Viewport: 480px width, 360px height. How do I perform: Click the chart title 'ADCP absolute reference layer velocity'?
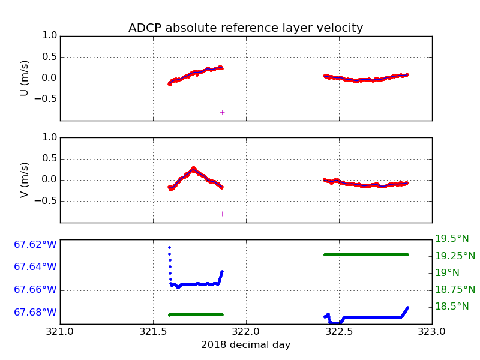click(x=245, y=28)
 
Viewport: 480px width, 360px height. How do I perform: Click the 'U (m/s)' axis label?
click(x=25, y=78)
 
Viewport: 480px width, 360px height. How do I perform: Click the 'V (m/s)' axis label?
click(x=25, y=180)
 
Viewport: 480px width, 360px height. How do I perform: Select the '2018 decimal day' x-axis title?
click(x=245, y=345)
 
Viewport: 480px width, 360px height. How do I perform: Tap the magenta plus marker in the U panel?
click(x=222, y=112)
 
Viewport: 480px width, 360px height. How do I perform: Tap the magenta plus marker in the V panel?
click(x=222, y=214)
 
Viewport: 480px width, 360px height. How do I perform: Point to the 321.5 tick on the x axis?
click(x=153, y=331)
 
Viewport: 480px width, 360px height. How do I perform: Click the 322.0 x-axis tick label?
click(x=246, y=331)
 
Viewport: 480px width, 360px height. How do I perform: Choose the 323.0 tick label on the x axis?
click(x=431, y=331)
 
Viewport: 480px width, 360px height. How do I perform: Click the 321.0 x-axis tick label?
click(x=60, y=331)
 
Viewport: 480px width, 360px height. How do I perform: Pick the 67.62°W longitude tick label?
click(x=35, y=245)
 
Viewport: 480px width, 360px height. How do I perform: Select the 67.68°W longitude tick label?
click(x=35, y=313)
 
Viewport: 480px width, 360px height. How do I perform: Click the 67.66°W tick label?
click(x=35, y=290)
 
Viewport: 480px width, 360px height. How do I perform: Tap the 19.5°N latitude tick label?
click(x=452, y=239)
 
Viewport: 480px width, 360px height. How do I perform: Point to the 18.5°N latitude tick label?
click(x=452, y=307)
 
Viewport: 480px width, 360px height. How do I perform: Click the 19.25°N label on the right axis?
click(x=455, y=256)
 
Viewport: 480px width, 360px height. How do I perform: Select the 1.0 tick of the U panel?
click(x=50, y=35)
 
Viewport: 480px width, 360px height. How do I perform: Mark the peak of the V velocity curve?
click(x=193, y=169)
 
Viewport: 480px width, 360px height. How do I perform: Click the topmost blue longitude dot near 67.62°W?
click(x=169, y=247)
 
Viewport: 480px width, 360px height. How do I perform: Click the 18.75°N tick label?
click(x=455, y=290)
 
